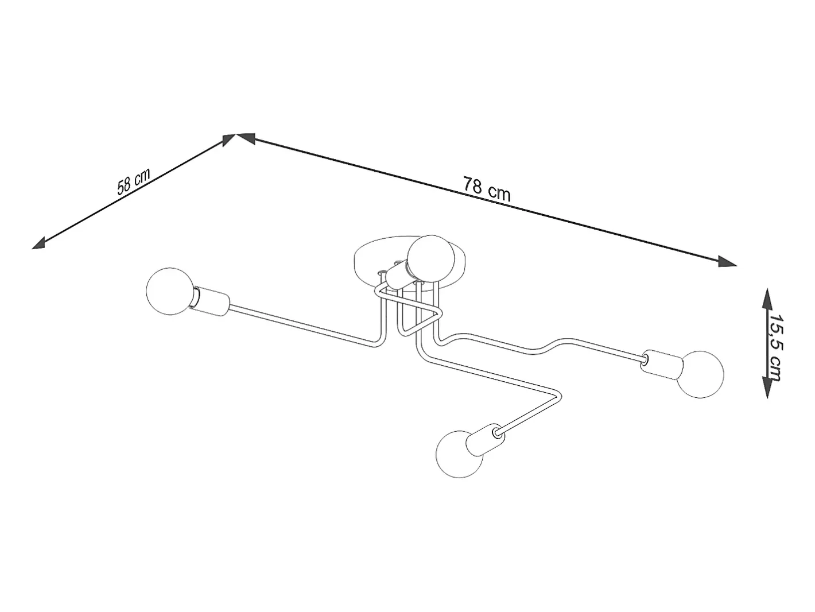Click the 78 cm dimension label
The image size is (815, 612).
pyautogui.click(x=486, y=189)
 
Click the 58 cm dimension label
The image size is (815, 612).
pyautogui.click(x=133, y=181)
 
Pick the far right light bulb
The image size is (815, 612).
pyautogui.click(x=700, y=374)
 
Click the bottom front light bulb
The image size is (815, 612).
pyautogui.click(x=460, y=454)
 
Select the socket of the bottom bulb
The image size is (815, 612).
pyautogui.click(x=486, y=439)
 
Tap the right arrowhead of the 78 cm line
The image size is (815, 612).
pyautogui.click(x=727, y=261)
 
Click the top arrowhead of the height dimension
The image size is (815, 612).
pyautogui.click(x=767, y=299)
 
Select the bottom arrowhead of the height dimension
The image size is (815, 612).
pyautogui.click(x=767, y=386)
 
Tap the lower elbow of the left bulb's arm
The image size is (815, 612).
pyautogui.click(x=379, y=342)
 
